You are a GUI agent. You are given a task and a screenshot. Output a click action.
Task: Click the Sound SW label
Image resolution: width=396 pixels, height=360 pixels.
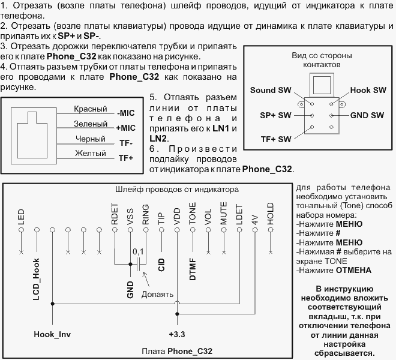pyautogui.click(x=271, y=90)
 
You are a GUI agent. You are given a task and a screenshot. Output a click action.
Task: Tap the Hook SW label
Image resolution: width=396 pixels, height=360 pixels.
pyautogui.click(x=368, y=90)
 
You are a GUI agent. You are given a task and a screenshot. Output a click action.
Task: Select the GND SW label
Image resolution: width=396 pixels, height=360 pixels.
pyautogui.click(x=367, y=115)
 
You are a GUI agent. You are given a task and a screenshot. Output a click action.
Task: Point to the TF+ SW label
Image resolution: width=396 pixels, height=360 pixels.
pyautogui.click(x=276, y=139)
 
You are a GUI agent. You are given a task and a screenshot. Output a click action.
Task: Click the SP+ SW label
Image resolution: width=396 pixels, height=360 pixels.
pyautogui.click(x=275, y=115)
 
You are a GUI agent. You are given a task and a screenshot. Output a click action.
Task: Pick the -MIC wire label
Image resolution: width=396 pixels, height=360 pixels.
pyautogui.click(x=126, y=113)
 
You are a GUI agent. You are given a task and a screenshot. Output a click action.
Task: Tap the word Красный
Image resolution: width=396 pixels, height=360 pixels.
pyautogui.click(x=91, y=109)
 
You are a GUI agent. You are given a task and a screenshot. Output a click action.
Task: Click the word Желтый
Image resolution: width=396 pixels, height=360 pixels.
pyautogui.click(x=91, y=153)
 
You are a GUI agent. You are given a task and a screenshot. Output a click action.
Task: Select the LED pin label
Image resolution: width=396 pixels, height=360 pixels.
pyautogui.click(x=21, y=217)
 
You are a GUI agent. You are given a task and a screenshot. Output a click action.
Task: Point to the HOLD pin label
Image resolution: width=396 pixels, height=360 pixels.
pyautogui.click(x=271, y=214)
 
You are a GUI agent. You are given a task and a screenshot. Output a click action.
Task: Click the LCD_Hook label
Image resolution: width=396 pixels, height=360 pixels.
pyautogui.click(x=37, y=279)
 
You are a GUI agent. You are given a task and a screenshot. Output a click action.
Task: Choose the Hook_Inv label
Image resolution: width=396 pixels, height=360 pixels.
pyautogui.click(x=52, y=334)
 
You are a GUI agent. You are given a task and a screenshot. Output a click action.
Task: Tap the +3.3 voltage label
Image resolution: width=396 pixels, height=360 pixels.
pyautogui.click(x=177, y=334)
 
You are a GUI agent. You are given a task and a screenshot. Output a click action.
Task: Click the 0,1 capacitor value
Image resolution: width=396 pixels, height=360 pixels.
pyautogui.click(x=138, y=251)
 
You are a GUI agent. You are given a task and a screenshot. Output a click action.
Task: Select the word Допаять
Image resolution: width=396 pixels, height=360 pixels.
pyautogui.click(x=157, y=295)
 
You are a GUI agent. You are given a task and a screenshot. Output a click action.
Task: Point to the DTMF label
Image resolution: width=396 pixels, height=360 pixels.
pyautogui.click(x=193, y=269)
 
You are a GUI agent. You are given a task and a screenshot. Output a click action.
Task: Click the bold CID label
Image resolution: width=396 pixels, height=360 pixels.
pyautogui.click(x=161, y=265)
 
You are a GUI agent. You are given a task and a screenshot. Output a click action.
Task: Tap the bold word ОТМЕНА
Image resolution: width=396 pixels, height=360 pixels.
pyautogui.click(x=353, y=271)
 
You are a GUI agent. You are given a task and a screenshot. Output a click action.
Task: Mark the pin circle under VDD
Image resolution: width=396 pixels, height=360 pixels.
pyautogui.click(x=177, y=230)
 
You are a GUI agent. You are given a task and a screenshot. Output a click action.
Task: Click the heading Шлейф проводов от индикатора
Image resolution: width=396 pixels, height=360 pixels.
pyautogui.click(x=177, y=189)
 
